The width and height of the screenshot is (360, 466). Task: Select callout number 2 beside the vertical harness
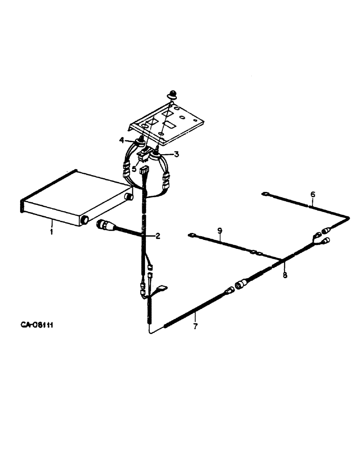point(158,236)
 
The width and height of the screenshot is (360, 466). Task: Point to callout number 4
point(121,140)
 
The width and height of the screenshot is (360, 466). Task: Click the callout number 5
point(134,169)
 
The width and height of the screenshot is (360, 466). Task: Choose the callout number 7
point(195,326)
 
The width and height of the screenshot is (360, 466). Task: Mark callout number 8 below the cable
point(285,275)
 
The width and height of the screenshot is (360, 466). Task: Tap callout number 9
point(220,230)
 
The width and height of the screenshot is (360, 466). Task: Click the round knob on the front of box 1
point(84,219)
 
